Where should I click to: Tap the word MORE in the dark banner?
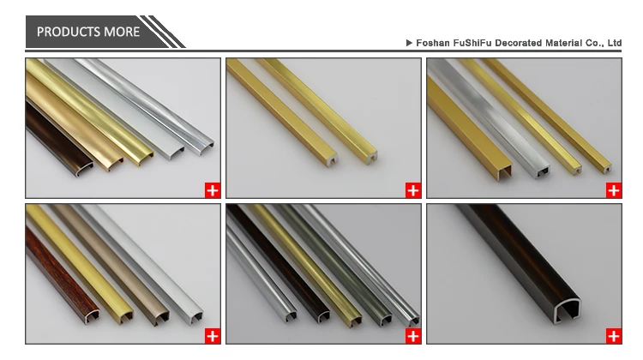tap(123, 32)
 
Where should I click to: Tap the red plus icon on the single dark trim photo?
tap(614, 334)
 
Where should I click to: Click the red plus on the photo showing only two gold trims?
tap(412, 190)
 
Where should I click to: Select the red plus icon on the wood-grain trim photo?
tap(212, 334)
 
